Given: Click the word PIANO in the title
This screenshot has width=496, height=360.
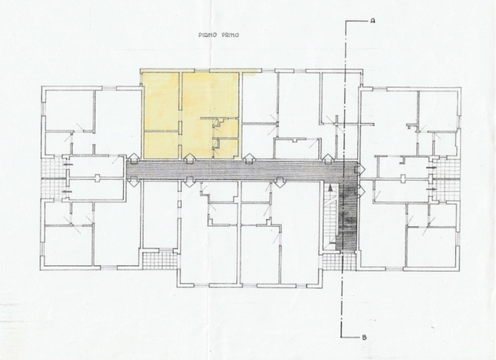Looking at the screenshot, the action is click(x=207, y=35).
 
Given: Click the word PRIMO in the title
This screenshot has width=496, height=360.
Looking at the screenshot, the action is click(x=229, y=35).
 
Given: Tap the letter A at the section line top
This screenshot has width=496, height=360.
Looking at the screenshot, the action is click(x=373, y=21).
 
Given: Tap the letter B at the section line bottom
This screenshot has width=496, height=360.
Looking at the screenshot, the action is click(x=364, y=337).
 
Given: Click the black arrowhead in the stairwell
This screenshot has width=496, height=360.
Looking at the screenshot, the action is click(x=330, y=188).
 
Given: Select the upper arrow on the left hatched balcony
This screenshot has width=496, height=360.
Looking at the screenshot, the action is click(x=67, y=165).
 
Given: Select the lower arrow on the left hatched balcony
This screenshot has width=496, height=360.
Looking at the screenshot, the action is click(x=67, y=191).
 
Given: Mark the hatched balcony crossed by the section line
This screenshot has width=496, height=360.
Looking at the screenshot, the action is click(x=338, y=262).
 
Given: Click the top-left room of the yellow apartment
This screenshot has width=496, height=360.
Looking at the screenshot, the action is click(x=161, y=101).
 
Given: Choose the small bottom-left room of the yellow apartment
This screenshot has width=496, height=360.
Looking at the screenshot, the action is click(x=161, y=145).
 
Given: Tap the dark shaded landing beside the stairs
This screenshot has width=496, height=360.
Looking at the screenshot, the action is click(x=347, y=215).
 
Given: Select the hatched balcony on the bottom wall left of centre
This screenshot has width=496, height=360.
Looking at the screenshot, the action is click(x=160, y=260).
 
